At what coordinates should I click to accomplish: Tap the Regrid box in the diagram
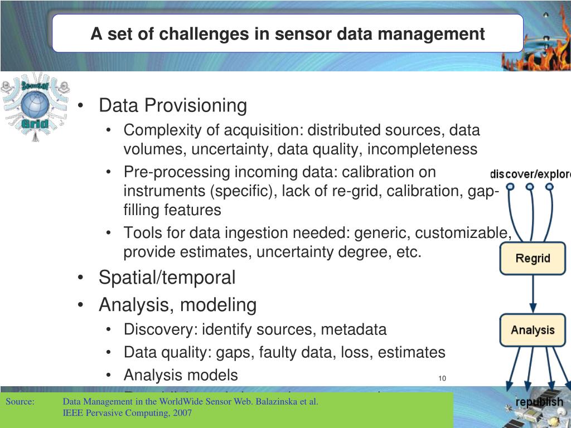click(533, 259)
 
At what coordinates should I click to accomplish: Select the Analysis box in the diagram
click(533, 330)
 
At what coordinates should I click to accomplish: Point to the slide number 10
click(442, 379)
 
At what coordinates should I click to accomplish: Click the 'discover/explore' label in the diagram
click(530, 174)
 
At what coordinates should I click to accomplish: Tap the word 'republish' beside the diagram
click(539, 402)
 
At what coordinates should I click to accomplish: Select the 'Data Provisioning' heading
click(172, 105)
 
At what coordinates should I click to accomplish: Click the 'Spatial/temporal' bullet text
click(167, 277)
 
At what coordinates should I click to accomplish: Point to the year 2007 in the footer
click(182, 413)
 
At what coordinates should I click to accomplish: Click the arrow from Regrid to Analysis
click(533, 294)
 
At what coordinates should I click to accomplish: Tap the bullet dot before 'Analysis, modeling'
click(82, 305)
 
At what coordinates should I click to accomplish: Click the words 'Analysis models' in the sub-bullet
click(181, 375)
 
